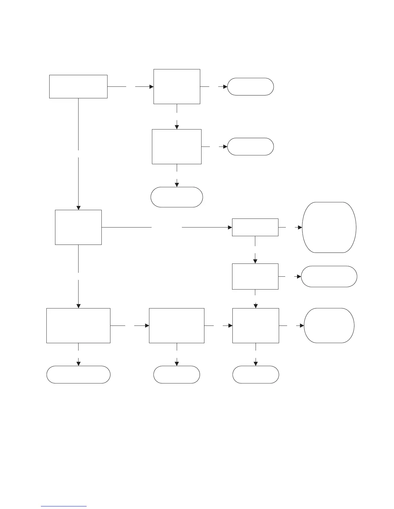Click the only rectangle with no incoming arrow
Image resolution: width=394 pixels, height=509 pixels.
78,86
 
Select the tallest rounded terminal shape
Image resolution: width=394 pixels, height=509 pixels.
329,228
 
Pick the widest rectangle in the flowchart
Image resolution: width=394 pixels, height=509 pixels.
78,326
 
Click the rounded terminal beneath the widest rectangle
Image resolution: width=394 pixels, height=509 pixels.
78,374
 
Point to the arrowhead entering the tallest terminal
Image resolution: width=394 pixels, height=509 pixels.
300,228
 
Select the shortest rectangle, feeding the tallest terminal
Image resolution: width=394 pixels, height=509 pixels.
255,228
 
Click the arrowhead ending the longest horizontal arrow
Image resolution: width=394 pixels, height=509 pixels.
230,228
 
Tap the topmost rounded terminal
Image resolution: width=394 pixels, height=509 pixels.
250,86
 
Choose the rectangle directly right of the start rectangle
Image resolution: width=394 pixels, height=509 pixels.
177,86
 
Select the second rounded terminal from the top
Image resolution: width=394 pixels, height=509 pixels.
250,147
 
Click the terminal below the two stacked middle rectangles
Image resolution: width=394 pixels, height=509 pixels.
177,197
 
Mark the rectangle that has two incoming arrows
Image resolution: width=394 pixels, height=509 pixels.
256,326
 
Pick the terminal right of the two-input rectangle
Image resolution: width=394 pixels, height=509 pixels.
329,326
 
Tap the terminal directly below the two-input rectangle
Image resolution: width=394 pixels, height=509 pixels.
256,374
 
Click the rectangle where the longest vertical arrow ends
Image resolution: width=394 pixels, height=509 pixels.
78,227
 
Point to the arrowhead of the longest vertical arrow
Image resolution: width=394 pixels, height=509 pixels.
78,208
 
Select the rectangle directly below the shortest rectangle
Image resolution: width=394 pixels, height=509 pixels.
255,276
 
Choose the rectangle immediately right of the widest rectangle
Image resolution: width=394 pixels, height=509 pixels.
177,326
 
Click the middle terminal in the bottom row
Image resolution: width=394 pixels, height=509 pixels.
177,374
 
